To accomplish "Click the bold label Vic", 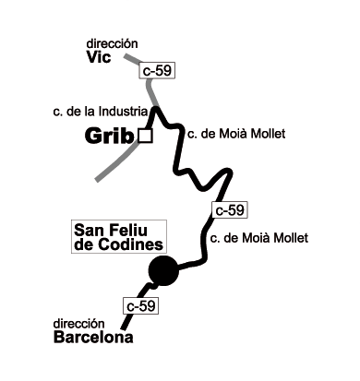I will click(x=100, y=57).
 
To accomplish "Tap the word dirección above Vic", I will click(x=112, y=43).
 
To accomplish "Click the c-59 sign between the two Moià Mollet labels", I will click(x=230, y=210).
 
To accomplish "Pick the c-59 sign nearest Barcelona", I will click(x=140, y=305).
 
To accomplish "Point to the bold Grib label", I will click(x=110, y=137).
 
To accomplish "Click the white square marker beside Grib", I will click(x=144, y=137).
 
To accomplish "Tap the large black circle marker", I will click(x=163, y=270).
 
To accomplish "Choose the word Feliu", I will click(x=135, y=229).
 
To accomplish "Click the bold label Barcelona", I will click(x=93, y=338).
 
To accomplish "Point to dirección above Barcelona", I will click(x=79, y=324).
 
